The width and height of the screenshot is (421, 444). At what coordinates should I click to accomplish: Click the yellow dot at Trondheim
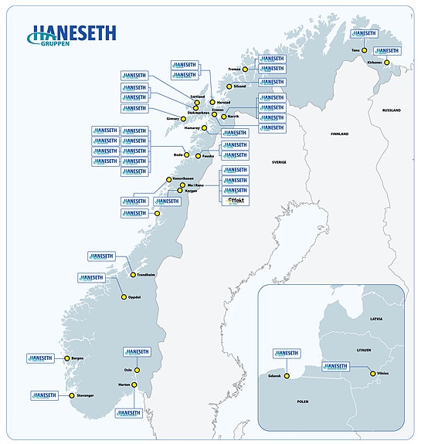[133, 274]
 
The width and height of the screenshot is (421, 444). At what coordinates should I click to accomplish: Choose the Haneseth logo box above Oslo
[137, 352]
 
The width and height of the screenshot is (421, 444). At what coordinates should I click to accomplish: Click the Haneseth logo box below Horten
[130, 413]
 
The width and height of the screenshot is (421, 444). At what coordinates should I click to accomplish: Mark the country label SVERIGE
[278, 162]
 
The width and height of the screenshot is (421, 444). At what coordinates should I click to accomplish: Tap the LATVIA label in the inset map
[375, 318]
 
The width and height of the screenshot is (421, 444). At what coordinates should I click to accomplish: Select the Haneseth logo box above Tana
[363, 34]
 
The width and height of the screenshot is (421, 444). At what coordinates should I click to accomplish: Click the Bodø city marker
[185, 155]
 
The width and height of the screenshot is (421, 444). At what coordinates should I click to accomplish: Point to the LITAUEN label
[364, 348]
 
